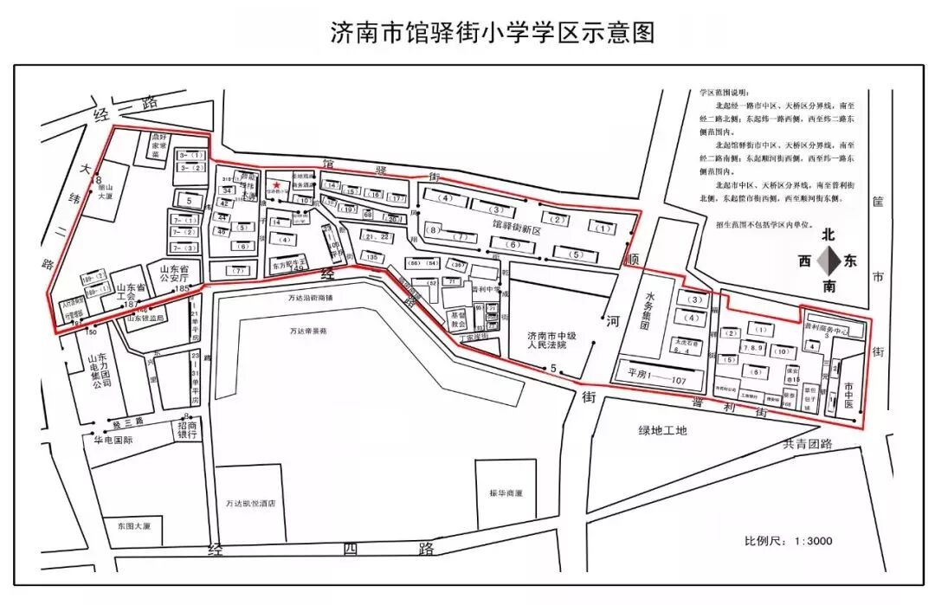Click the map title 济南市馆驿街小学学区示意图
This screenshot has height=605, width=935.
click(493, 33)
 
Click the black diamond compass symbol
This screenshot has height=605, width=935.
click(829, 261)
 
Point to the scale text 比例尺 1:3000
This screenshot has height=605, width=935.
click(788, 541)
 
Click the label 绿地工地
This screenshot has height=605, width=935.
click(662, 430)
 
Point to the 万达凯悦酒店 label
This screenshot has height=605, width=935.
click(250, 503)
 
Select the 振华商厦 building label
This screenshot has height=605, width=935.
click(506, 493)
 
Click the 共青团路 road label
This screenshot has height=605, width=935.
click(807, 444)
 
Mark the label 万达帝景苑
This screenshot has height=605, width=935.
click(308, 331)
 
